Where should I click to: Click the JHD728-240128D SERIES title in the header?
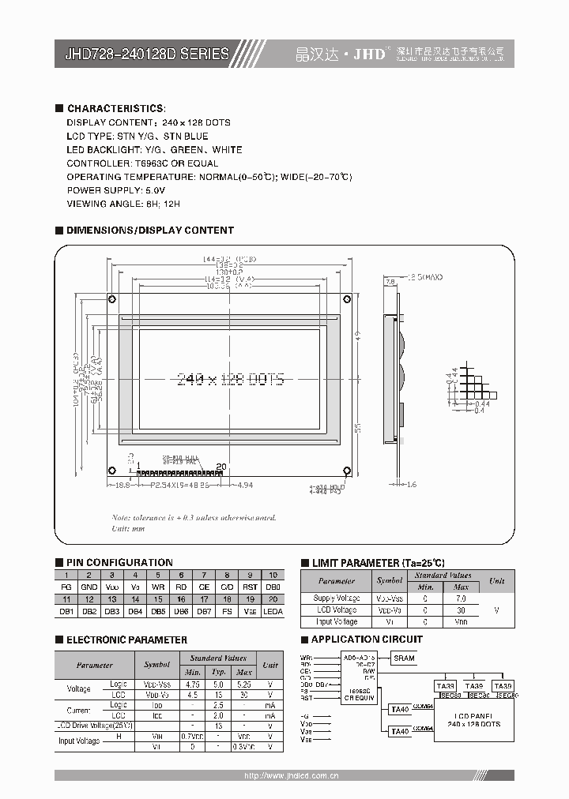coord(146,54)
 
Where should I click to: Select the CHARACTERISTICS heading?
coord(117,108)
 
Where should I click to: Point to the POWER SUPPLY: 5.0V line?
coord(116,190)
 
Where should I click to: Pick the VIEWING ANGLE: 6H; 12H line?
coord(123,204)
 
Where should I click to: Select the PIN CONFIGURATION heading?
coord(119,562)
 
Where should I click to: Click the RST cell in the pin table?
coord(250,587)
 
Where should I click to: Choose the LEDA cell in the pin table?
coord(273,612)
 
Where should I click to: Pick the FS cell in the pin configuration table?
coord(227,612)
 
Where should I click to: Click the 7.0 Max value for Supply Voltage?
coord(462,598)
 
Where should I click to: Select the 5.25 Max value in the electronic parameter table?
coord(244,685)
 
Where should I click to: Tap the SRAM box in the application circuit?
coord(404,658)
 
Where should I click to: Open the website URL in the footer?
coord(292,776)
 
